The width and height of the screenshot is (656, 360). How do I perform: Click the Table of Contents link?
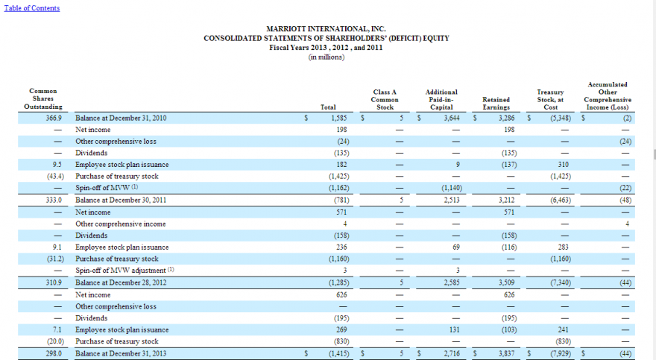click(31, 8)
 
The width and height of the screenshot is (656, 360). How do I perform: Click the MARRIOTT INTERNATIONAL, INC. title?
click(326, 29)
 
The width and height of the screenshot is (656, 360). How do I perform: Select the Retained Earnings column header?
click(495, 103)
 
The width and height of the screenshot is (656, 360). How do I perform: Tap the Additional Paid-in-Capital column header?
click(441, 99)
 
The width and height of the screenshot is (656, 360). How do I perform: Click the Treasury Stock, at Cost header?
click(550, 99)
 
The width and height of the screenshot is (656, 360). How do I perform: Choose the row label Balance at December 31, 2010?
click(121, 118)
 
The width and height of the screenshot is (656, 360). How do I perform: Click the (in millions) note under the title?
click(326, 57)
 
